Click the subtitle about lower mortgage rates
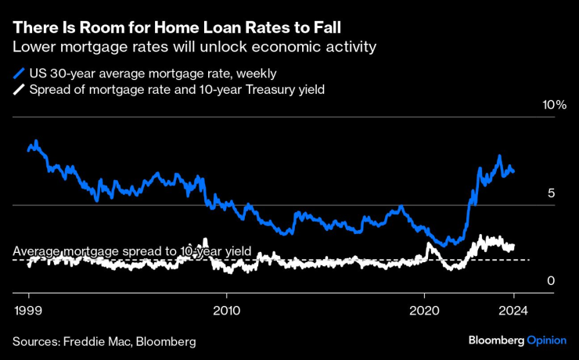tap(195, 48)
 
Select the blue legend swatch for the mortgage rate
tap(18, 74)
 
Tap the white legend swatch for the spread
tap(18, 91)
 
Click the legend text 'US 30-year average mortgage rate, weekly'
tap(153, 74)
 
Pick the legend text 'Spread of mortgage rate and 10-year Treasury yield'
tap(177, 91)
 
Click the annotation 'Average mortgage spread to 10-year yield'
tap(132, 251)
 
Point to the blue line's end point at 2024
tap(513, 171)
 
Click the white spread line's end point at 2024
tap(513, 246)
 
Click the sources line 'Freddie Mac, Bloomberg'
tap(103, 341)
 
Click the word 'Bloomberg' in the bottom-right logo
tap(495, 341)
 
